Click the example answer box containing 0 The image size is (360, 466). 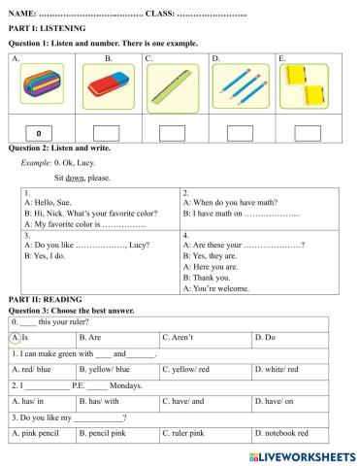tap(38, 133)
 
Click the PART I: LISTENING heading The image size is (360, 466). tap(47, 30)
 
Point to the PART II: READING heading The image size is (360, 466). tap(45, 299)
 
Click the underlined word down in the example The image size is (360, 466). tap(76, 179)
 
